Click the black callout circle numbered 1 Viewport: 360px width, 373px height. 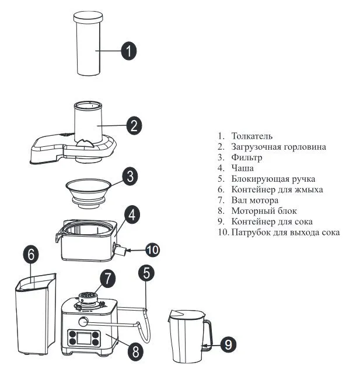click(x=128, y=51)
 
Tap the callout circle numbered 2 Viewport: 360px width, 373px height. click(x=134, y=126)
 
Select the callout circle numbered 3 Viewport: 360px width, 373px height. click(x=130, y=177)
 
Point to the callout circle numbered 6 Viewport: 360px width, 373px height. click(x=31, y=255)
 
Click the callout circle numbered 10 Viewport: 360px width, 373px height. click(x=153, y=250)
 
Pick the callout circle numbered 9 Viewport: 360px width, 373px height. click(x=228, y=344)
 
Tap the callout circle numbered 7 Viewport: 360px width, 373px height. click(x=107, y=279)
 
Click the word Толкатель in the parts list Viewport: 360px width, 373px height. click(x=252, y=136)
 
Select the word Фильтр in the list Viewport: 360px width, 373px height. click(x=247, y=157)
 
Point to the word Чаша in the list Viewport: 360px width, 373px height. click(x=242, y=168)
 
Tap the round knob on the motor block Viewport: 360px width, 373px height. click(x=83, y=322)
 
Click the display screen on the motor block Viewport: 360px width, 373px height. click(x=84, y=338)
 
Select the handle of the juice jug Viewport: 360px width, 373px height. click(x=206, y=335)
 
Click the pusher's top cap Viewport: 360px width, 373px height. click(x=88, y=17)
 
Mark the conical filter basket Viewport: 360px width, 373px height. click(x=88, y=193)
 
